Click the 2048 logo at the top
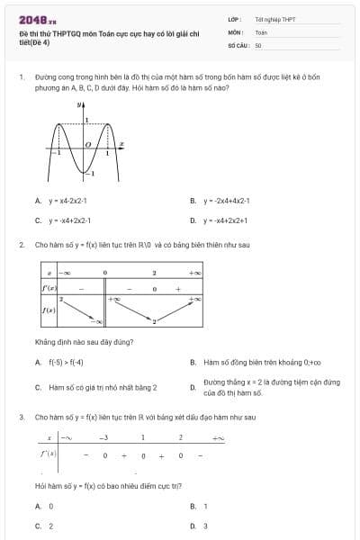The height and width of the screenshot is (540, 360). click(38, 18)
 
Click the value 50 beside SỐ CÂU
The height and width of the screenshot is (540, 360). click(258, 44)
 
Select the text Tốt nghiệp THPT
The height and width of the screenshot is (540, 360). click(274, 19)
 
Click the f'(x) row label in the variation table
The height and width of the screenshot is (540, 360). click(49, 288)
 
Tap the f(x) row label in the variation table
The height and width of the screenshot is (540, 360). click(49, 310)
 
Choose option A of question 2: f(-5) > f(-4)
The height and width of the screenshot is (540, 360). click(66, 363)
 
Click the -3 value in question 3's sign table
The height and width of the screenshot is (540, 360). click(103, 437)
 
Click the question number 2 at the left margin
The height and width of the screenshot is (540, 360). click(21, 244)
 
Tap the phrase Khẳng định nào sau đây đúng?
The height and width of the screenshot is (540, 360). click(84, 342)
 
